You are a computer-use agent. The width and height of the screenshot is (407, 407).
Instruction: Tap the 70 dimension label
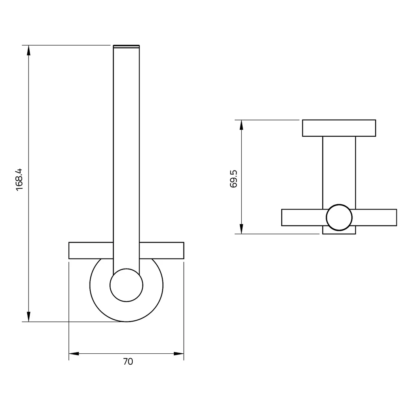[128, 361]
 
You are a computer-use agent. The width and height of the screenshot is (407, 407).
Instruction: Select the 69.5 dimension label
[234, 179]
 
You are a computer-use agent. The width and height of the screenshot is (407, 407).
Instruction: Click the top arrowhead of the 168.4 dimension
[28, 50]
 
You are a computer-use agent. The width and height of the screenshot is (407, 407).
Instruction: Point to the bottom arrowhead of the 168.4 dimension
[28, 317]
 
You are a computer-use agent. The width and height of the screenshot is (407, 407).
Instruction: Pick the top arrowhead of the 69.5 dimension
[241, 125]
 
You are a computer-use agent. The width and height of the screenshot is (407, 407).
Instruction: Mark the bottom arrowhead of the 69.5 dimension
[241, 229]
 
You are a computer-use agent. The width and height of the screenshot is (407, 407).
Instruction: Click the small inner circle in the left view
[127, 285]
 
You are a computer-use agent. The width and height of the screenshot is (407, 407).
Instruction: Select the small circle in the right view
[339, 217]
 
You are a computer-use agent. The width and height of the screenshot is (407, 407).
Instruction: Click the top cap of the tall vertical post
[126, 46]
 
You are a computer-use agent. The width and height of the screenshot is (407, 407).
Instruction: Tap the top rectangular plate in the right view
[339, 128]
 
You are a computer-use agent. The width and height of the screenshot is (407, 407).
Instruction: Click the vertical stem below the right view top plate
[339, 171]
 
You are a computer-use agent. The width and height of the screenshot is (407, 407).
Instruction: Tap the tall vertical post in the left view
[126, 155]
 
